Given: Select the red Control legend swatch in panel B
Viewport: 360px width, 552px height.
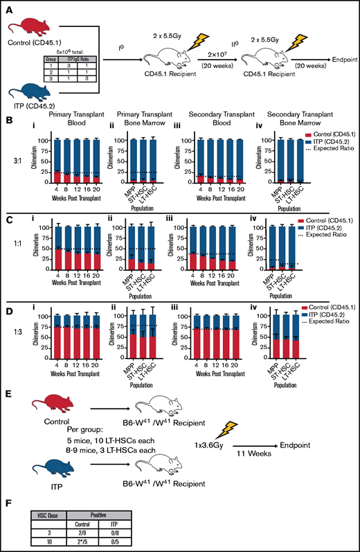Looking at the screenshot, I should [298, 141].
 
